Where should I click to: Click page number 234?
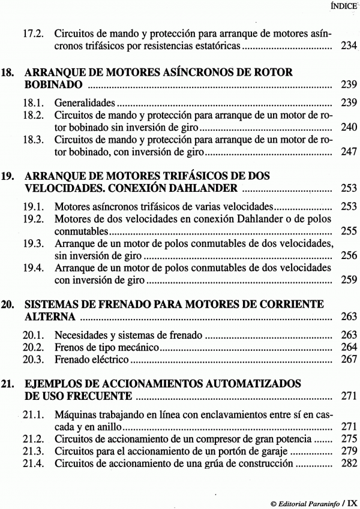[349, 46]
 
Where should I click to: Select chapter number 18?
[8, 73]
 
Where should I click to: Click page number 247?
[349, 153]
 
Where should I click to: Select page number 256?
[349, 256]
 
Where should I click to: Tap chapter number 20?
[8, 303]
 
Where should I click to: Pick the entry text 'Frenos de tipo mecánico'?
[106, 347]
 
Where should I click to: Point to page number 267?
[349, 360]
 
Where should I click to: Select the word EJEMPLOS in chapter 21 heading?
[53, 383]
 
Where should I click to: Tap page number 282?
[349, 463]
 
